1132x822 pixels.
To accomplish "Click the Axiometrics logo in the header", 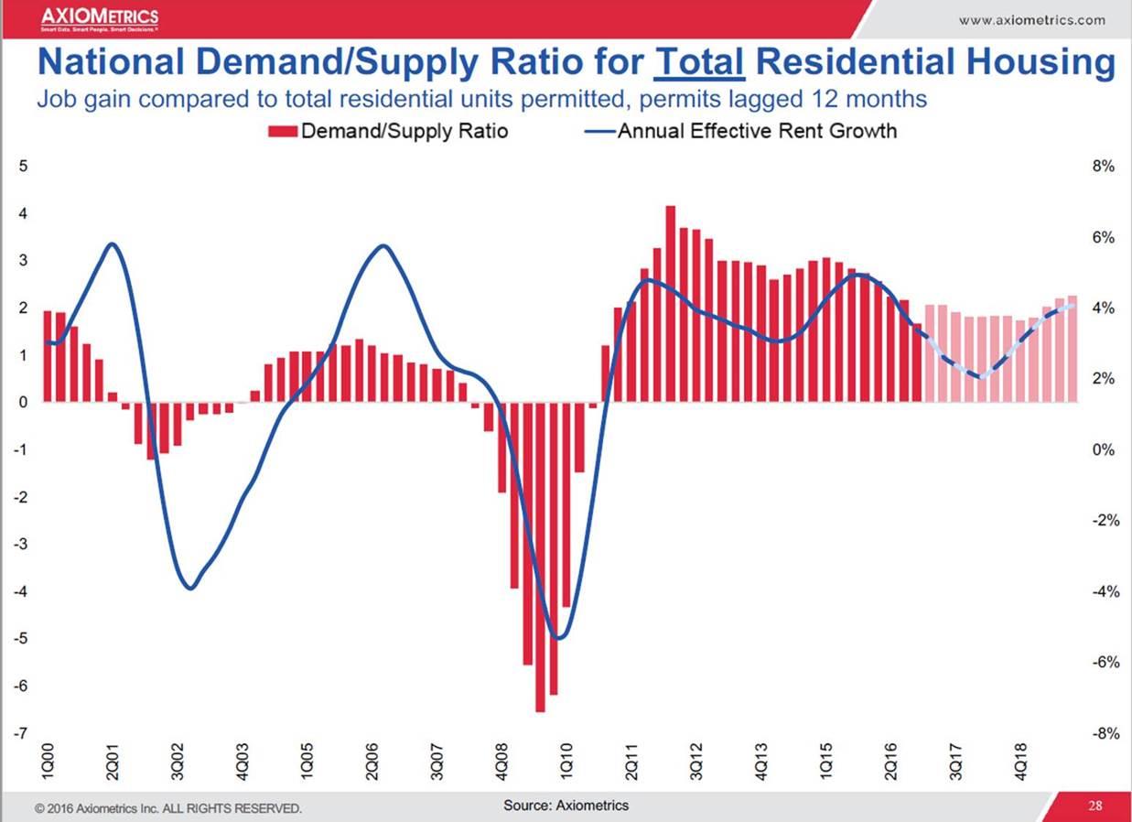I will point(99,18).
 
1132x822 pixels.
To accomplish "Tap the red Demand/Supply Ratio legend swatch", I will point(282,131).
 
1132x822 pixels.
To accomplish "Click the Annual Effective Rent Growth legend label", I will point(757,131).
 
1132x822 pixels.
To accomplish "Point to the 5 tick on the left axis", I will point(24,167).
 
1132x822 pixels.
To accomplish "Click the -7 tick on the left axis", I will point(22,733).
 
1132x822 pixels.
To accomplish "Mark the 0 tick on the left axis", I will point(24,402).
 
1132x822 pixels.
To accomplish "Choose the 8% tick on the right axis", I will point(1102,167).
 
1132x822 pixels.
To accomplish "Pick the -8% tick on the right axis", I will point(1100,733).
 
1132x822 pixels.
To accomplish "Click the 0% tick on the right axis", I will point(1102,450).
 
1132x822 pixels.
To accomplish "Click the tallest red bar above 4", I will point(670,302).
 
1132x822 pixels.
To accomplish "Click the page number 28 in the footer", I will point(1094,806).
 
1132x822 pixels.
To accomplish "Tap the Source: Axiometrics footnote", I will point(566,806).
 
